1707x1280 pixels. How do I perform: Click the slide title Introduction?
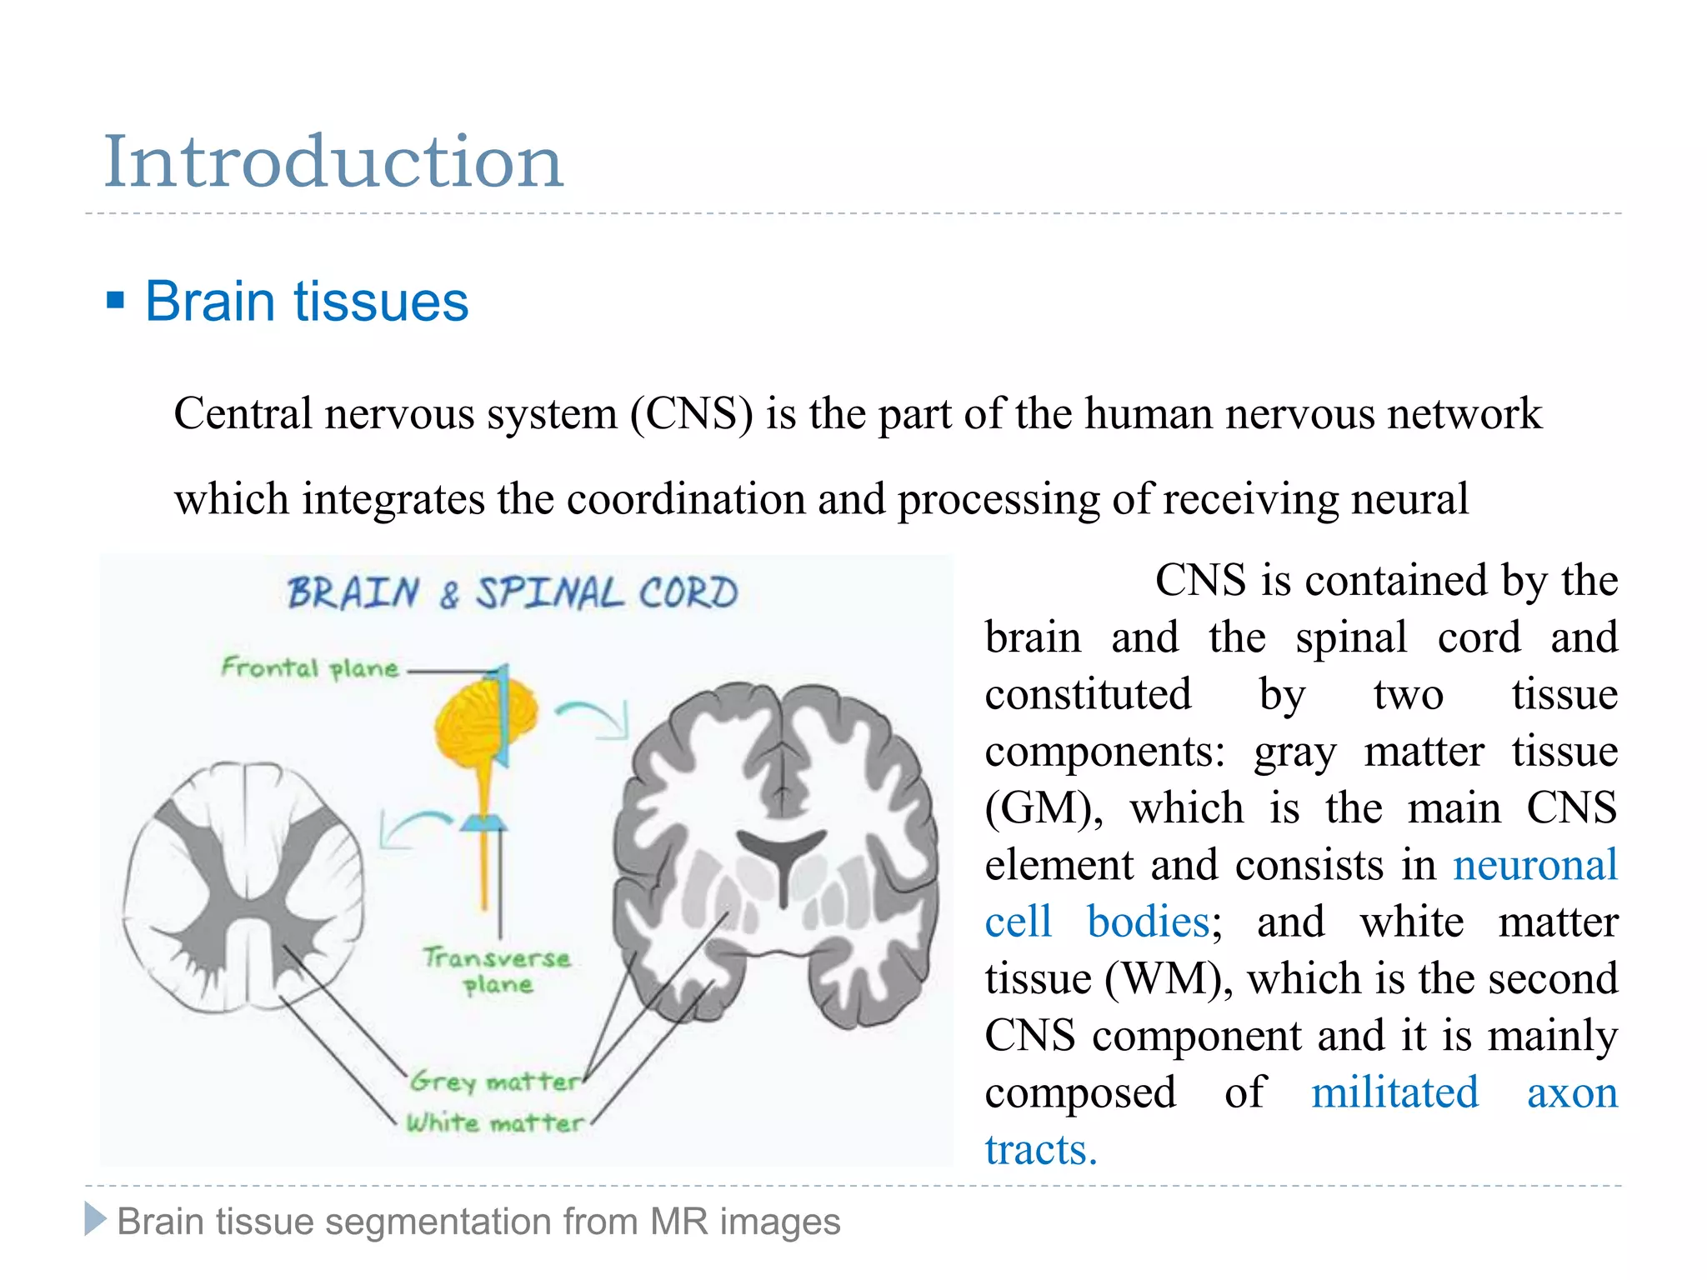point(333,162)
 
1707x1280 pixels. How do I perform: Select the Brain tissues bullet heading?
point(307,301)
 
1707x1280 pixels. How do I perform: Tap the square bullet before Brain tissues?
point(116,300)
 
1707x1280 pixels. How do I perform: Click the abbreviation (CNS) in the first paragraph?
point(691,414)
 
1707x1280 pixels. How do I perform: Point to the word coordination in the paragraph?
point(685,499)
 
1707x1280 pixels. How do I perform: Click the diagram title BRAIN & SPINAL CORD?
point(512,593)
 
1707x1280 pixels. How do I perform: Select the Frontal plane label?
point(310,667)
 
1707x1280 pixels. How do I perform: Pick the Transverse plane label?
point(498,971)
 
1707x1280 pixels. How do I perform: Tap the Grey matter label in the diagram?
point(495,1082)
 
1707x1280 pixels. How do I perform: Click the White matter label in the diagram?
point(495,1122)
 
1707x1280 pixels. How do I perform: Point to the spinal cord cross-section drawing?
point(243,887)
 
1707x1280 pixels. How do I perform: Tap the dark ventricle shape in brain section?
point(782,858)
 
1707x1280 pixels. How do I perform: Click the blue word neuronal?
point(1534,865)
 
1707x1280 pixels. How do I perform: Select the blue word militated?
point(1394,1092)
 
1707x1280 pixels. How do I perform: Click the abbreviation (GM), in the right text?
point(1043,808)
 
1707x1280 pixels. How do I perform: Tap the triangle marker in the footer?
point(96,1220)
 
